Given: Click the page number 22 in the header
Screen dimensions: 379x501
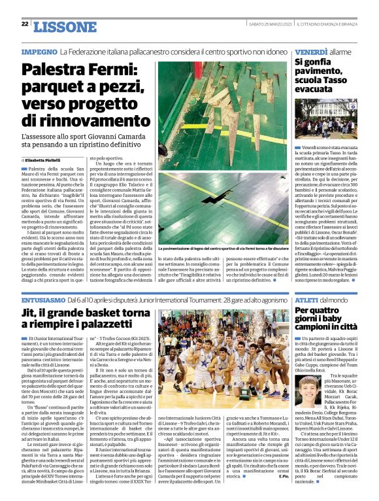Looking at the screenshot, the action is tap(25, 24).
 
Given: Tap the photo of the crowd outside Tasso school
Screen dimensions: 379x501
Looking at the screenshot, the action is tap(325, 121).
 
